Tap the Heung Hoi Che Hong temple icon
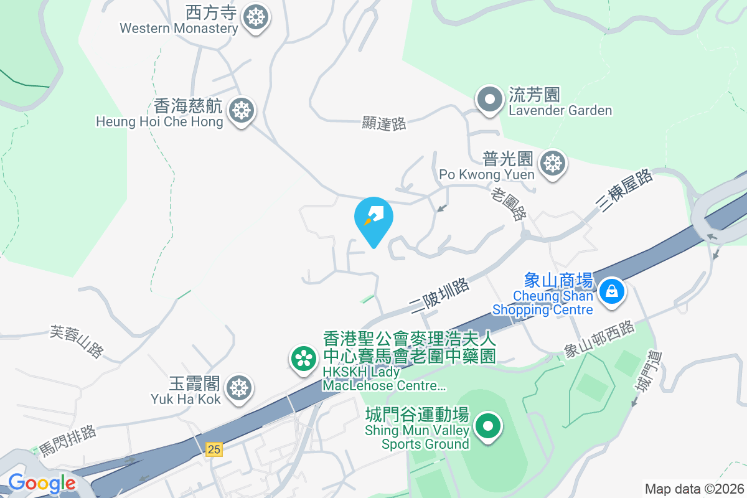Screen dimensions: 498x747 click(x=241, y=110)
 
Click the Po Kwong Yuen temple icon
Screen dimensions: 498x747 click(x=552, y=163)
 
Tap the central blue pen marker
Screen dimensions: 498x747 click(x=374, y=218)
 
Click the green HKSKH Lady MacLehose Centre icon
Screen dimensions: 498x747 click(x=303, y=359)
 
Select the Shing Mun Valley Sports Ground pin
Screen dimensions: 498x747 click(x=488, y=427)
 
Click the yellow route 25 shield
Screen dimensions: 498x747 click(x=214, y=449)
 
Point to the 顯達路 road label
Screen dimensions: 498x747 click(x=384, y=123)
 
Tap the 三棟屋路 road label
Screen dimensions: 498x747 click(x=627, y=190)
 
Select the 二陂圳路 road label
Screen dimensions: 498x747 click(x=439, y=295)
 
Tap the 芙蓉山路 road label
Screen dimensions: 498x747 click(x=77, y=342)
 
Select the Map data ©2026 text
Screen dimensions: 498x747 click(x=693, y=489)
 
